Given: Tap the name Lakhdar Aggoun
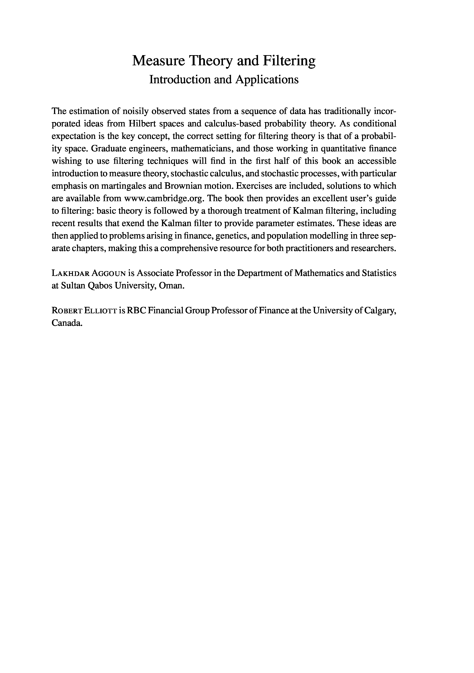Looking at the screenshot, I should pos(89,273).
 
